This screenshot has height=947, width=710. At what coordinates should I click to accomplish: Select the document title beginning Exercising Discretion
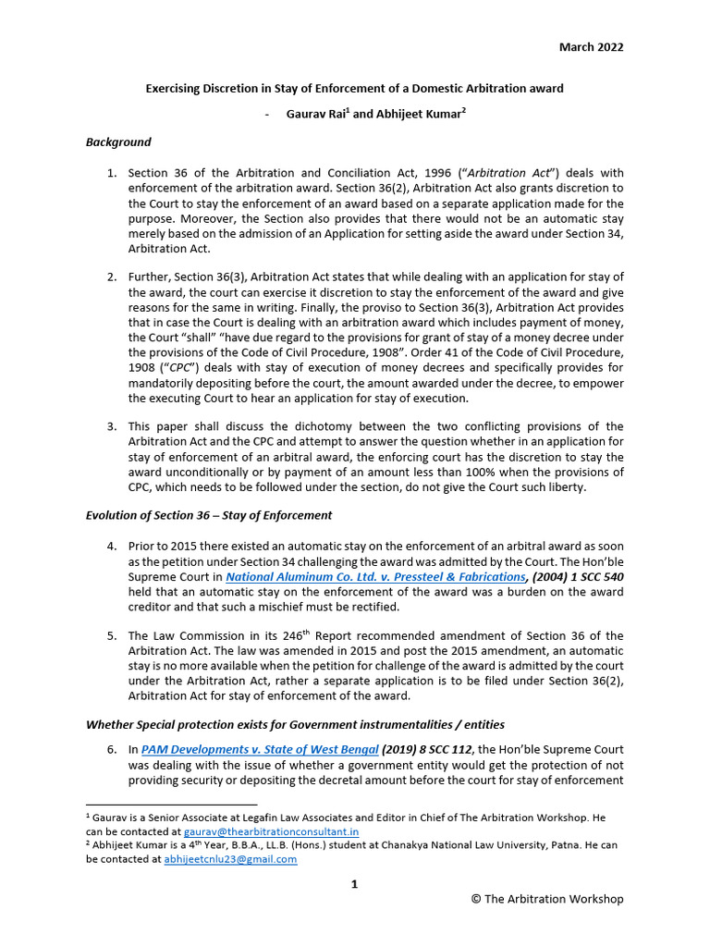[354, 89]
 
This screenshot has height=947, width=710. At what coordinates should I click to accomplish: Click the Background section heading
[118, 142]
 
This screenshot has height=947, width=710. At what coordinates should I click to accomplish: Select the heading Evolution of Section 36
[209, 515]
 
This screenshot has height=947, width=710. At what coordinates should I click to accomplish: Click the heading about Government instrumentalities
[295, 723]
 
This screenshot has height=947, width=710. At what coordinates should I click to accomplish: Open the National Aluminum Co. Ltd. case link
[376, 576]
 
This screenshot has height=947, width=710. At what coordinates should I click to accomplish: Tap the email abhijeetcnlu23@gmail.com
[230, 859]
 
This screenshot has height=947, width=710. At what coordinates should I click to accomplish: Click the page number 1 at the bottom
[354, 885]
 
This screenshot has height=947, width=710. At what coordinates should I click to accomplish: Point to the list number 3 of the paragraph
[111, 426]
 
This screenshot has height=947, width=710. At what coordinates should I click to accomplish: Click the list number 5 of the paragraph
[111, 636]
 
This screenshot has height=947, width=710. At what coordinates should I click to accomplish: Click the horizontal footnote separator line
[171, 805]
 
